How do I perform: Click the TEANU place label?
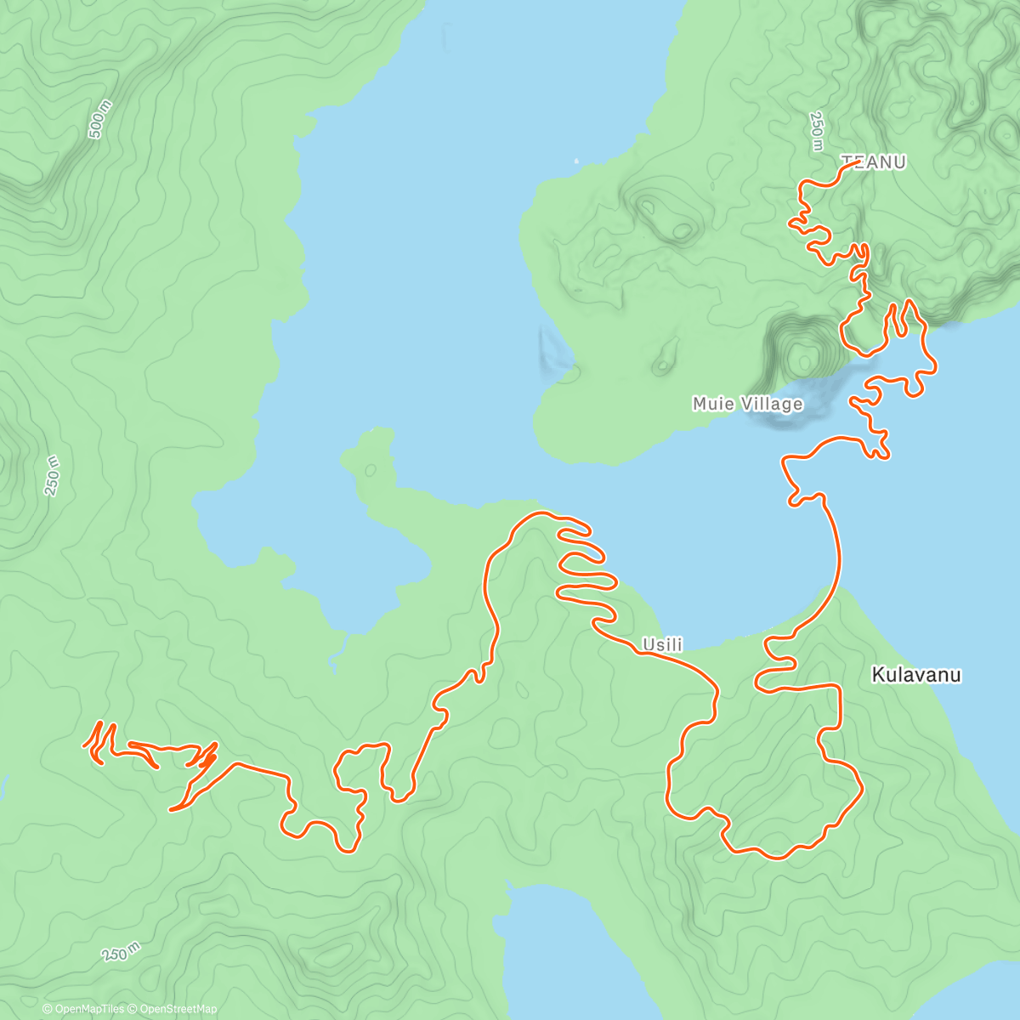[873, 161]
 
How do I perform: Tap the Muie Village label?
[747, 404]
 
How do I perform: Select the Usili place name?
[662, 645]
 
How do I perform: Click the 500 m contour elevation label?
[99, 119]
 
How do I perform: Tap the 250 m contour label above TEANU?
[817, 132]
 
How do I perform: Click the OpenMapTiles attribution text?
[88, 1009]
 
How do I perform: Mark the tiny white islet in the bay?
[575, 159]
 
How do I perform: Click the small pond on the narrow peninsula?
[371, 470]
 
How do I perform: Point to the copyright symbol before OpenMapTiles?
[47, 1009]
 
